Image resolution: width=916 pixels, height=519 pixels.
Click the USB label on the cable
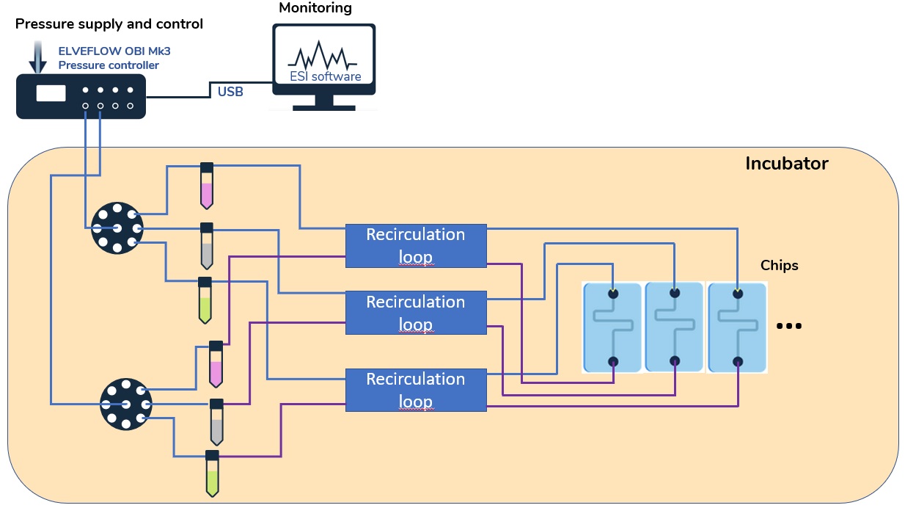tap(230, 92)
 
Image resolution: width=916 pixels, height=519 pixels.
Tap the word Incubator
tap(786, 164)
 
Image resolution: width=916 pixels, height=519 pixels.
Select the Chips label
tap(779, 266)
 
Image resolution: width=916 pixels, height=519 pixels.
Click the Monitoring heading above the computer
tap(315, 9)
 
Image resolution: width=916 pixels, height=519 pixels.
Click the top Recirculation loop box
tap(415, 245)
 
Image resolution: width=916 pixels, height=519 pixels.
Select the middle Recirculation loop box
tap(415, 313)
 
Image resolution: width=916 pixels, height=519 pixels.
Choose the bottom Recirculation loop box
tap(415, 390)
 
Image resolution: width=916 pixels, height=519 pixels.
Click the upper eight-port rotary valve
tap(117, 228)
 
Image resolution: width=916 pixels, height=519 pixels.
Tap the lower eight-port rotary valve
tap(125, 404)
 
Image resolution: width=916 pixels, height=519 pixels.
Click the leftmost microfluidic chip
tap(612, 327)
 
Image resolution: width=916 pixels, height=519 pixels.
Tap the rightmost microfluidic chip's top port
tap(737, 294)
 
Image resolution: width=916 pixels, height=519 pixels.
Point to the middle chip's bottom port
tap(675, 361)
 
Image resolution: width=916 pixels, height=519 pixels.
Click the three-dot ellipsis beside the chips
tap(788, 326)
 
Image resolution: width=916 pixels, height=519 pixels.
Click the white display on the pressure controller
tap(51, 93)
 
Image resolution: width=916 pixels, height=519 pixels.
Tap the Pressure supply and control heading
tap(109, 24)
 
